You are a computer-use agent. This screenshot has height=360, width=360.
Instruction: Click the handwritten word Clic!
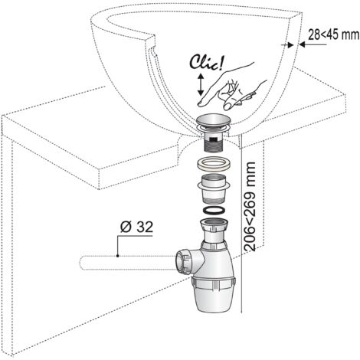point(206,63)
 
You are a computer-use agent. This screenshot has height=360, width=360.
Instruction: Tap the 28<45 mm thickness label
point(333,34)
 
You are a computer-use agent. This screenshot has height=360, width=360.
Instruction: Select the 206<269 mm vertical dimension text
point(250,206)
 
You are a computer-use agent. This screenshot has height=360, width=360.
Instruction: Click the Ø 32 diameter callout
point(136,227)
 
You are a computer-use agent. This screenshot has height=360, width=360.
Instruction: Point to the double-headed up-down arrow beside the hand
point(201,84)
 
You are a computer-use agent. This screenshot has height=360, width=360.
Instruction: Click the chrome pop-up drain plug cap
point(213,121)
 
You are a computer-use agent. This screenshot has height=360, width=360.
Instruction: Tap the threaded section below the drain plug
point(214,146)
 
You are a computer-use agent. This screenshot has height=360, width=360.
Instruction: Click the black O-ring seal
point(214,211)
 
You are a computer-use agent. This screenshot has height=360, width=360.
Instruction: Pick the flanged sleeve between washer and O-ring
point(214,188)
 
